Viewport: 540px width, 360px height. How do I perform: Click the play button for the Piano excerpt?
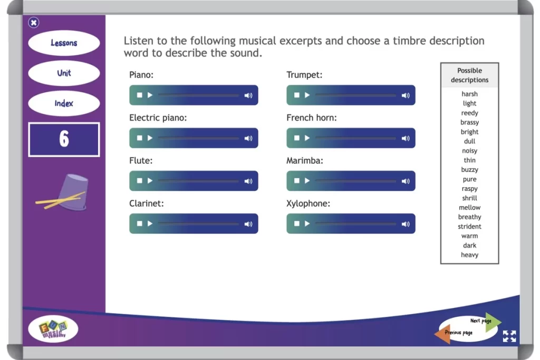point(150,95)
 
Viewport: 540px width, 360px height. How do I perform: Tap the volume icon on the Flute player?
point(248,181)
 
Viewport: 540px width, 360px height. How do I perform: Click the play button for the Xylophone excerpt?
point(307,223)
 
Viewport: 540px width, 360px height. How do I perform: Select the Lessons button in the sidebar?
point(64,43)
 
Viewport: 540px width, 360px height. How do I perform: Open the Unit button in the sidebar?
point(64,73)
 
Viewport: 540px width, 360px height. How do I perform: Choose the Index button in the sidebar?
point(64,103)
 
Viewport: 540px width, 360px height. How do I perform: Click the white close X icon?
point(34,23)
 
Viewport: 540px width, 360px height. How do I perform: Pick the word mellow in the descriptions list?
point(469,208)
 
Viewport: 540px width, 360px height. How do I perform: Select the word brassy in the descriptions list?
point(469,122)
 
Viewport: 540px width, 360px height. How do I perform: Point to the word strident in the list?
point(469,227)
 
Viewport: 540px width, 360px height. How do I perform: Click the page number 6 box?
point(64,139)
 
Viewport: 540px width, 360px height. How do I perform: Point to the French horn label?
point(311,118)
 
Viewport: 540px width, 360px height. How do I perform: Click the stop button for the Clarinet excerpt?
point(139,223)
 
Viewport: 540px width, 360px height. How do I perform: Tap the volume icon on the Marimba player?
point(406,181)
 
